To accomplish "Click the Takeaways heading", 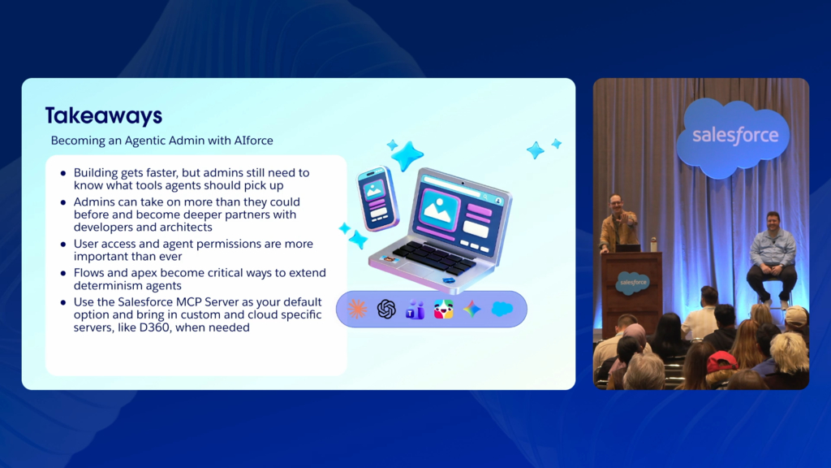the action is (104, 115).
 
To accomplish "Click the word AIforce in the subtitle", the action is (254, 141).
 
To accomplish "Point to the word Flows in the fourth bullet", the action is (88, 273).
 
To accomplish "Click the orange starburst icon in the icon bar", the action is (357, 309).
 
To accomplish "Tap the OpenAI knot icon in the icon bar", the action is (386, 309).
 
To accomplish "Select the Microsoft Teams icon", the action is (415, 310).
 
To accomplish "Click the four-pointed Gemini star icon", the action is (472, 309).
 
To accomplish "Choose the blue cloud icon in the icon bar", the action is (502, 308).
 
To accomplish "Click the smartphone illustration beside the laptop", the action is (377, 198).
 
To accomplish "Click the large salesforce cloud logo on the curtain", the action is (735, 136).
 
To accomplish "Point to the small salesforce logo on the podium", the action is (633, 282).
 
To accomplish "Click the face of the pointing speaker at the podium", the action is (615, 203).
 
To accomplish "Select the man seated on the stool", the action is (773, 258).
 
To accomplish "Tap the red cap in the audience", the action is (721, 362).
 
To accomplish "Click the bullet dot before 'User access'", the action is (63, 245).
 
